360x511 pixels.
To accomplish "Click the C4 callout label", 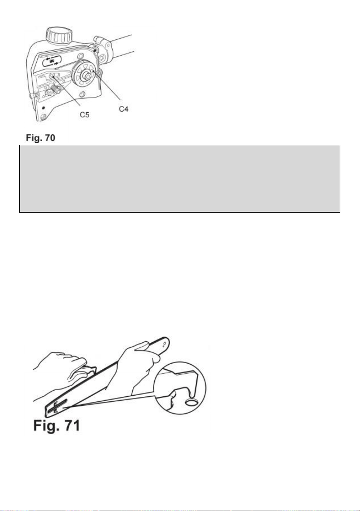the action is point(123,109).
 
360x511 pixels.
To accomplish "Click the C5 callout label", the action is point(85,115).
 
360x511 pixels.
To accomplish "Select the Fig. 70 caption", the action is point(41,138).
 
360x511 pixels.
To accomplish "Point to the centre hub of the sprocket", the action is point(87,74).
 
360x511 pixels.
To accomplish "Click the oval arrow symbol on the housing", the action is point(52,61).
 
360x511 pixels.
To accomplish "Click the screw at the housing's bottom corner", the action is point(43,117).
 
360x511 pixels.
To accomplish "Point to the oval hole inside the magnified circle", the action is point(191,403).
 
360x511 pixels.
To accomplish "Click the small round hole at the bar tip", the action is point(165,343).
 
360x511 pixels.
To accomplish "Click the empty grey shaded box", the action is point(180,179).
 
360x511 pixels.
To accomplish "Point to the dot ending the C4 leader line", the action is point(93,71).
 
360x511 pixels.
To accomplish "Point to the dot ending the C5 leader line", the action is point(53,77).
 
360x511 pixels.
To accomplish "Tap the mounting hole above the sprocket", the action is point(80,56).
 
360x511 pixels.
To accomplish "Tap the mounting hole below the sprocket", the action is point(83,94).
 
